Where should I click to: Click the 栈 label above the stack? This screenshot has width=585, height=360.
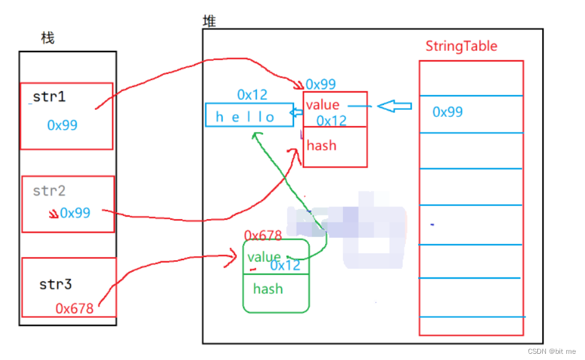(x=48, y=38)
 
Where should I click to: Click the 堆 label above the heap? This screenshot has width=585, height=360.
(x=210, y=22)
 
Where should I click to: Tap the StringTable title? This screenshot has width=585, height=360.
(x=461, y=46)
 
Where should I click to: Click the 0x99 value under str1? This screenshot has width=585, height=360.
(x=62, y=125)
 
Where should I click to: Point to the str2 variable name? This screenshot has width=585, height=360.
(x=49, y=191)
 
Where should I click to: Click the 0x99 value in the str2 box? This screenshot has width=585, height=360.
(x=74, y=213)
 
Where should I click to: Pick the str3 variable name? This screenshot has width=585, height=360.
(x=56, y=284)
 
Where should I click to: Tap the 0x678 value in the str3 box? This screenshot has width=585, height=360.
(x=74, y=308)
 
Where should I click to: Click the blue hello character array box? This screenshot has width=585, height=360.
(x=249, y=116)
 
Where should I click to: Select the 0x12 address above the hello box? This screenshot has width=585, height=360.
(x=252, y=95)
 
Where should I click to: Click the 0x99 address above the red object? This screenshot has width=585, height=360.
(x=321, y=84)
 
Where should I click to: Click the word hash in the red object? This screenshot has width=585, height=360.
(x=321, y=145)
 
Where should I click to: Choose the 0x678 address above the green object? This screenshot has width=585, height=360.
(x=263, y=235)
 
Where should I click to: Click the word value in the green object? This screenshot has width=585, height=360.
(x=264, y=256)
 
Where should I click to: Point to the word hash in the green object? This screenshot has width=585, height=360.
(x=268, y=289)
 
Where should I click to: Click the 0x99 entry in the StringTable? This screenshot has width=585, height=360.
(x=448, y=112)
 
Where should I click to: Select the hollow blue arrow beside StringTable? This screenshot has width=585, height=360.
(x=395, y=107)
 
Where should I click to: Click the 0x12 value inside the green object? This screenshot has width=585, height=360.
(x=285, y=266)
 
